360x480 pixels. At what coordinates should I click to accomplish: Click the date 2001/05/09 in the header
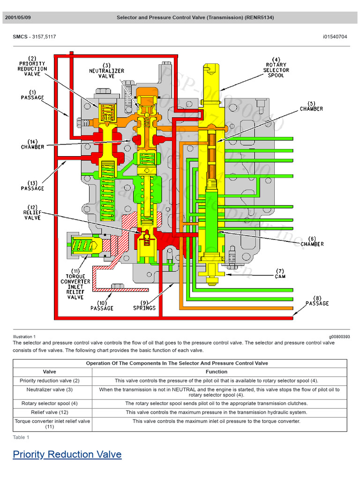click(18, 18)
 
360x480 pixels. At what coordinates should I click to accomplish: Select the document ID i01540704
click(336, 37)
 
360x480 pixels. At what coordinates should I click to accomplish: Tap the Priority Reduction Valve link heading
click(67, 454)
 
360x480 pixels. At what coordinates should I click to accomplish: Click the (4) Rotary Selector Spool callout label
click(276, 67)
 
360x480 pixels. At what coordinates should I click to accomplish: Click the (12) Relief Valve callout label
click(32, 212)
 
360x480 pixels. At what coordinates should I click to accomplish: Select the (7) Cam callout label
click(280, 274)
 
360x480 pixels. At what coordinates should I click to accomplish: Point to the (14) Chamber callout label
click(32, 144)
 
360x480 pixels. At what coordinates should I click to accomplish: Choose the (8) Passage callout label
click(317, 300)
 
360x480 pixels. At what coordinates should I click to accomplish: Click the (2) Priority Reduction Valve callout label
click(32, 66)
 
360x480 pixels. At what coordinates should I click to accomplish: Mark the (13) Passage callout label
click(32, 186)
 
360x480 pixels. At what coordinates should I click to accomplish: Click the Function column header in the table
click(217, 372)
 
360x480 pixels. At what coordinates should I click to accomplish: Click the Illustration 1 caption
click(24, 337)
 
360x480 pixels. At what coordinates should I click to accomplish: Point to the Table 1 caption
click(21, 437)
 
